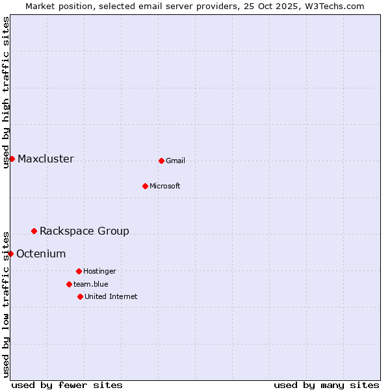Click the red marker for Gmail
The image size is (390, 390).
coord(161,161)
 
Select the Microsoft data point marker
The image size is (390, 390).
coord(145,186)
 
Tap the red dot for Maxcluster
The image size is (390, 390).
coord(12,159)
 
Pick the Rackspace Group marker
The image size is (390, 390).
coord(34,231)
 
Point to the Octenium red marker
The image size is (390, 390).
coord(10,253)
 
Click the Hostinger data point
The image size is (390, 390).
coord(79,271)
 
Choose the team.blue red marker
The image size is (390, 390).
coord(69,284)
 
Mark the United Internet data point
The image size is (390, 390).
coord(80,296)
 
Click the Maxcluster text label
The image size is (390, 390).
coord(45,159)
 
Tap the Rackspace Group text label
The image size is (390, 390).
coord(84,231)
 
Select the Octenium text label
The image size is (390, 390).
coord(41,254)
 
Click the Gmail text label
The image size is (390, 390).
coord(175,161)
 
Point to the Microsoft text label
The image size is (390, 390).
coord(165,187)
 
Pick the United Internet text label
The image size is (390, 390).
coord(111,297)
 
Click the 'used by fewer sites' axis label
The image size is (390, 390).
coord(67,385)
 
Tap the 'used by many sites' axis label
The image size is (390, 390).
coord(326,385)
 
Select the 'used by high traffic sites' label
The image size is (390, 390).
coord(6,92)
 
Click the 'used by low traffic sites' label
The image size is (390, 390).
coord(6,304)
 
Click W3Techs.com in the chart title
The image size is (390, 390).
coord(334,6)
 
